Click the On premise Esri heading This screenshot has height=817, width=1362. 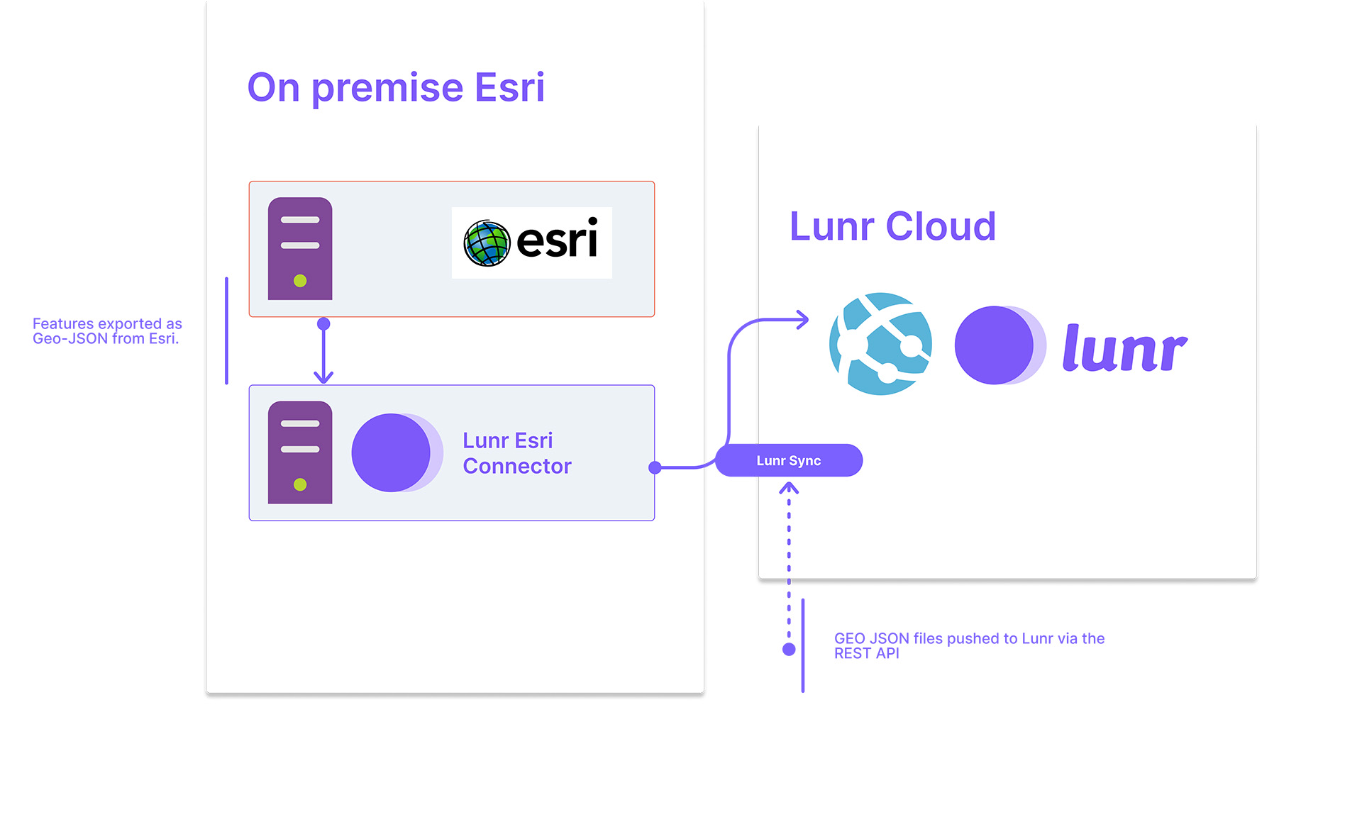click(x=395, y=88)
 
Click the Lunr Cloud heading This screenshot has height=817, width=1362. click(x=892, y=227)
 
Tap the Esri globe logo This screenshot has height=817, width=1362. click(x=487, y=243)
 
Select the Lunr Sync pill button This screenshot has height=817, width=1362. click(x=788, y=460)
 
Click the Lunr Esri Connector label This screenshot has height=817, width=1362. click(x=516, y=453)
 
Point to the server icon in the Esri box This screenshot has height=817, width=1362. click(x=300, y=248)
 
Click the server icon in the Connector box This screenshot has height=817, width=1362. click(x=300, y=452)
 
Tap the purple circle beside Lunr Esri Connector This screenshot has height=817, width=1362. click(x=392, y=452)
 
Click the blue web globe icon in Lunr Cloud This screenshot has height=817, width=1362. click(x=880, y=344)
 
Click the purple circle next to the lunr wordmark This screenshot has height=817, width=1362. click(x=995, y=345)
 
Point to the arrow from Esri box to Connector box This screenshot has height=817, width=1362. click(x=323, y=352)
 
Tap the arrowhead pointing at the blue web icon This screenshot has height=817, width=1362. click(x=802, y=320)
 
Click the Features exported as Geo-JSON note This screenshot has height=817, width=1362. click(x=107, y=331)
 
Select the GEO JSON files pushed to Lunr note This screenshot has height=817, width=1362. click(x=969, y=645)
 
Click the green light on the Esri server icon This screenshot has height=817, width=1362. click(x=300, y=281)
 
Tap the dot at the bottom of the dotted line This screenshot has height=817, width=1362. click(x=789, y=650)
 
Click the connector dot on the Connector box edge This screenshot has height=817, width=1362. click(x=655, y=467)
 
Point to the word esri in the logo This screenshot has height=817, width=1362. click(x=557, y=240)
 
